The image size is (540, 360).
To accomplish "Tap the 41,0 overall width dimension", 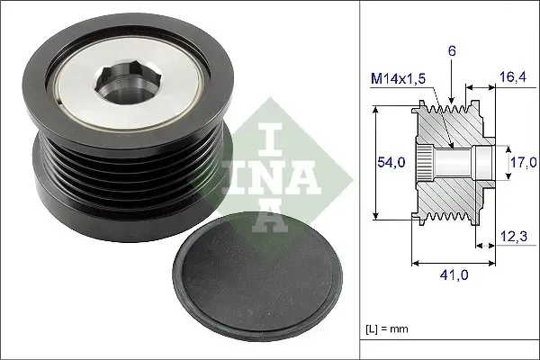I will [x=458, y=277].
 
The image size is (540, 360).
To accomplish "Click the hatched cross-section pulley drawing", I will [x=450, y=162].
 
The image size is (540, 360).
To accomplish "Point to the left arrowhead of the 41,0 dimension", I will [x=415, y=264].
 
